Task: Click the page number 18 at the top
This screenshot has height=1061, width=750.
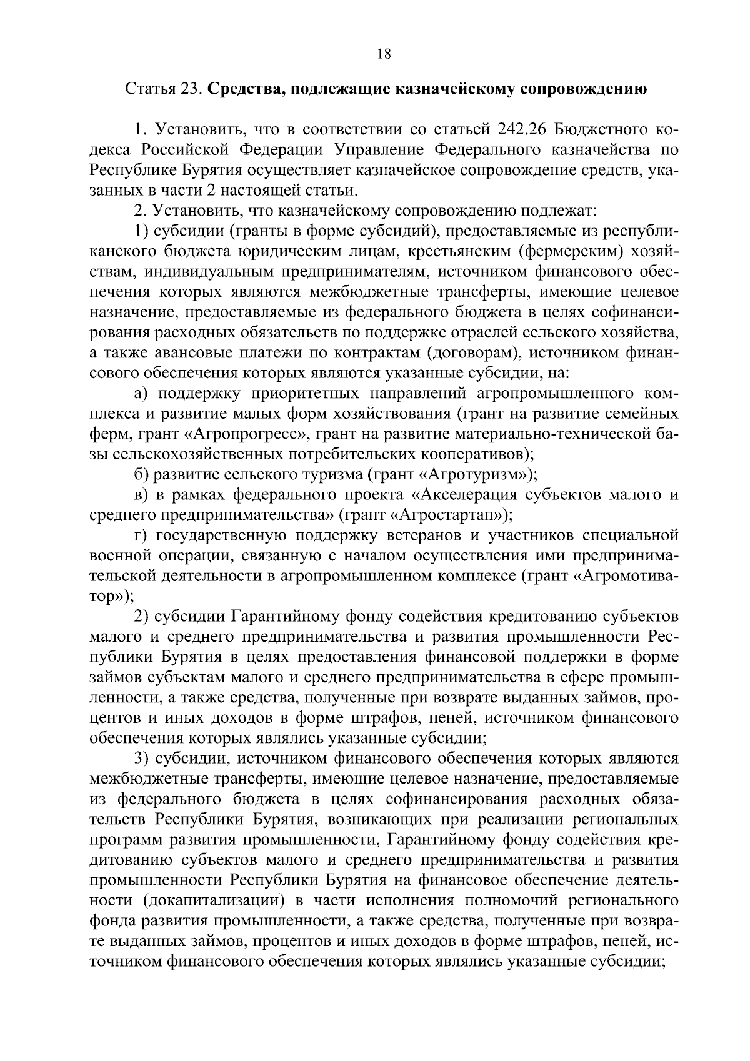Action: tap(384, 54)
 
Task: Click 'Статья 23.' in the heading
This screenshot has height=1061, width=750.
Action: tap(164, 89)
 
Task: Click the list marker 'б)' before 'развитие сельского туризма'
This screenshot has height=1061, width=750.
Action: tap(142, 474)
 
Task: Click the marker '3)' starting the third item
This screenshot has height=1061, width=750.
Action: tap(142, 759)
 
